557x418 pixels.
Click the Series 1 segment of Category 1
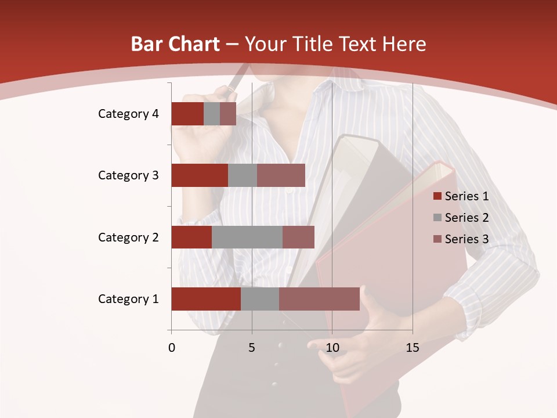click(206, 299)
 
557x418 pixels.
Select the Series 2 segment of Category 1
click(260, 299)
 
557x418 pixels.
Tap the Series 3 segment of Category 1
click(319, 299)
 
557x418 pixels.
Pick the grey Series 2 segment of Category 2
click(247, 237)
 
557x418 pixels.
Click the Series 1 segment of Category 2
click(191, 237)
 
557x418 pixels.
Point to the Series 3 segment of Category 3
click(281, 175)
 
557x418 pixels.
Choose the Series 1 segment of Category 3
click(200, 175)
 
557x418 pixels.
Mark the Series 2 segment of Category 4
click(212, 114)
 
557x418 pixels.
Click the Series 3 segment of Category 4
click(228, 114)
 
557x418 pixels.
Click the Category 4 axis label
click(128, 114)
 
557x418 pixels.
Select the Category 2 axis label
click(128, 237)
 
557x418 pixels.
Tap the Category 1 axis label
click(128, 299)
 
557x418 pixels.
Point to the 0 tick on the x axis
click(172, 348)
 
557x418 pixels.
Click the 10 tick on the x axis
click(332, 348)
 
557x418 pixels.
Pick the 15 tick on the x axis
click(413, 348)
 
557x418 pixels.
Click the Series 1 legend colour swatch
click(437, 196)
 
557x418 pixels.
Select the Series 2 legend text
click(466, 218)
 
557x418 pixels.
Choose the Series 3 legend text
click(466, 239)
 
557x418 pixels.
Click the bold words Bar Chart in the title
click(175, 44)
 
